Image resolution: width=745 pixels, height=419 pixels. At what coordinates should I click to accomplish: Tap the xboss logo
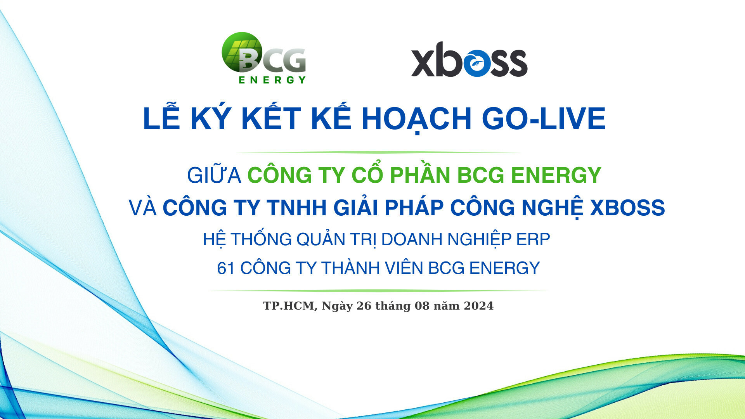point(469,60)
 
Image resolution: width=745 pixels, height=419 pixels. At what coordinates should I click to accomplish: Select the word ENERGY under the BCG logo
point(272,80)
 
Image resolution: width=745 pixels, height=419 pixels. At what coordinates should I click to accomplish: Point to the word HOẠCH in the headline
point(416,118)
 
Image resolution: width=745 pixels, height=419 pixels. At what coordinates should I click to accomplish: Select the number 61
point(226,268)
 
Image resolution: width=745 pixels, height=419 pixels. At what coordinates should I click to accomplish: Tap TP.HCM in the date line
point(289,306)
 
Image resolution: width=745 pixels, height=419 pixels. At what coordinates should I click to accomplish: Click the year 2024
point(478,306)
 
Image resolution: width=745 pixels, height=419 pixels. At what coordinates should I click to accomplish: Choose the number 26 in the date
point(364,306)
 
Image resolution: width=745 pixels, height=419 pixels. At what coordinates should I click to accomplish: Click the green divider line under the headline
point(378,152)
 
